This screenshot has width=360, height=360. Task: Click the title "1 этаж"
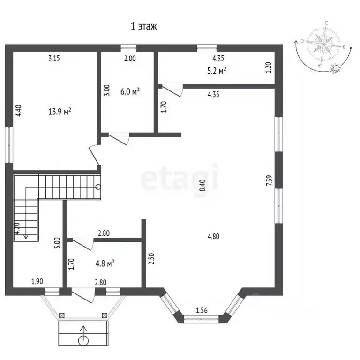[x=143, y=27]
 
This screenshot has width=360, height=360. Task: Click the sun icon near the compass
[x=335, y=69]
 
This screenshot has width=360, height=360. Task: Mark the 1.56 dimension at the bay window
[x=201, y=310]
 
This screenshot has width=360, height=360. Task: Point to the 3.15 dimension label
[x=55, y=59]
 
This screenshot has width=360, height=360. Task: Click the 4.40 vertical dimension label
[x=18, y=110]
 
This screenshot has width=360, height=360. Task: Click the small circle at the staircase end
[x=97, y=187]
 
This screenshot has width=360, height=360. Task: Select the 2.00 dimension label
[x=129, y=59]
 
